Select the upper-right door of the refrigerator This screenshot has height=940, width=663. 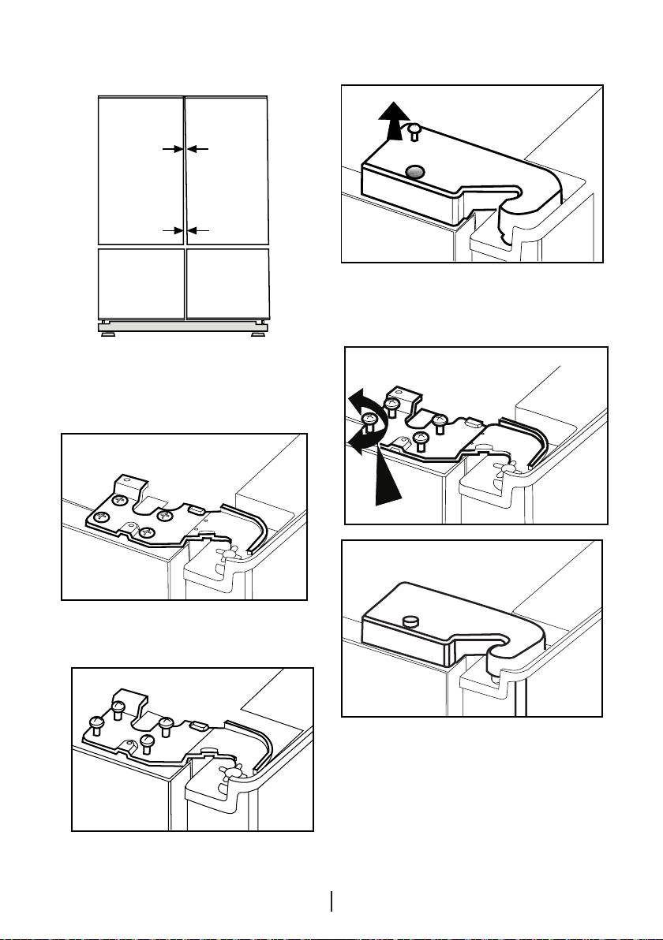[227, 170]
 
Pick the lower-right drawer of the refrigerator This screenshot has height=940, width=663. [227, 284]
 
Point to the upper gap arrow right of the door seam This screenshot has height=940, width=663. [198, 147]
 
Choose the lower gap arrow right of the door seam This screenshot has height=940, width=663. [198, 229]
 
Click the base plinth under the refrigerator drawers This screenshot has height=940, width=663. [183, 325]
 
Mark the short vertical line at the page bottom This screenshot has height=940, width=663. [332, 901]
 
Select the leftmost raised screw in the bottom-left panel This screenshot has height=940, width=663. [99, 722]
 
